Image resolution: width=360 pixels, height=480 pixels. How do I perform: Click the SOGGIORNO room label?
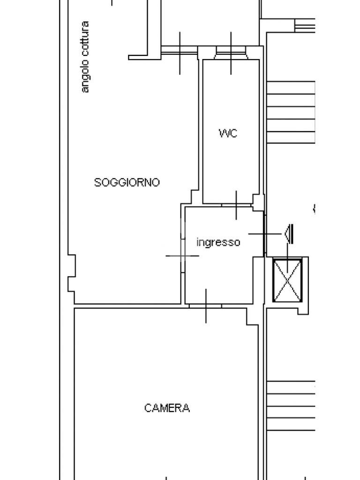click(x=127, y=182)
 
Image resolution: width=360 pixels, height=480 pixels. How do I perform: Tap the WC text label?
click(x=228, y=133)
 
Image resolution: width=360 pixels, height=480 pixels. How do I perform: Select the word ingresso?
click(x=218, y=242)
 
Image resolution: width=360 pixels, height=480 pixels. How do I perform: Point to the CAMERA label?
click(x=167, y=408)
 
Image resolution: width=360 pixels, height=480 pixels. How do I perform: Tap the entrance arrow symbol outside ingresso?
click(x=288, y=233)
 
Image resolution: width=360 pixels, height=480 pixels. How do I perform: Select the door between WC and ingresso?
click(x=236, y=205)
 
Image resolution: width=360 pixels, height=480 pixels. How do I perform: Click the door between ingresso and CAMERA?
click(x=205, y=306)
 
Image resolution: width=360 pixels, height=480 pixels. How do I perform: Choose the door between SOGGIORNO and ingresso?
click(x=182, y=255)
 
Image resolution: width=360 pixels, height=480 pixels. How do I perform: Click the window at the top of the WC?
click(x=231, y=53)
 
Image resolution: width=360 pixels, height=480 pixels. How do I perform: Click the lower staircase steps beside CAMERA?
click(x=291, y=405)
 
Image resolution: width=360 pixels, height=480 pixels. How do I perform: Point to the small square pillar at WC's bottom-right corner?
click(x=258, y=202)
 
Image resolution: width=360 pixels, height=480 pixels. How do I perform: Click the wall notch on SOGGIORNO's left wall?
click(x=72, y=273)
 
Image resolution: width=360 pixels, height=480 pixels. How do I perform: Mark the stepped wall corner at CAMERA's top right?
click(x=252, y=317)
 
